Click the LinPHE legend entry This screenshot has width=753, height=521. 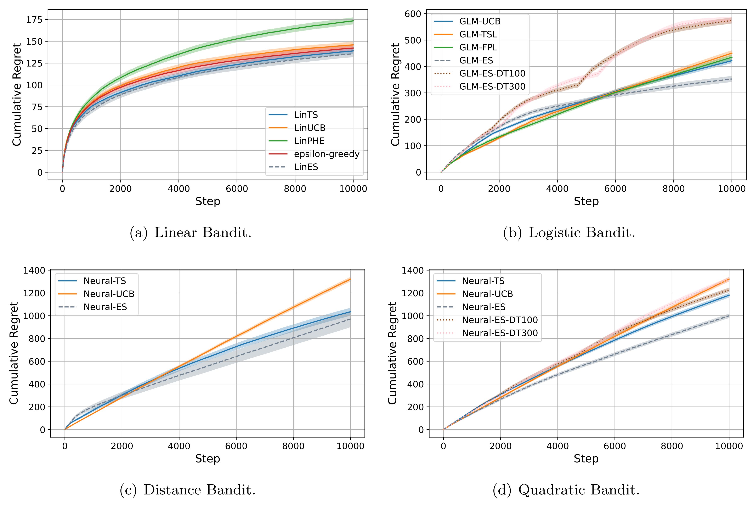(x=309, y=141)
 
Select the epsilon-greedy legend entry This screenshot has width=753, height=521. (x=327, y=154)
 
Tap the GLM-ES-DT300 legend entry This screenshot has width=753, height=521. (x=492, y=86)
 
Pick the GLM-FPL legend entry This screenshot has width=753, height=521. (x=478, y=47)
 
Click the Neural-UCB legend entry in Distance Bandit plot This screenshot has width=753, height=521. (x=109, y=294)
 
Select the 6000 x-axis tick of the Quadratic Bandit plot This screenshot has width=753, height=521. (x=615, y=446)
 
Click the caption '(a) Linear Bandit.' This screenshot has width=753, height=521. (x=191, y=233)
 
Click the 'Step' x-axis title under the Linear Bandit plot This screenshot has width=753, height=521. (x=208, y=201)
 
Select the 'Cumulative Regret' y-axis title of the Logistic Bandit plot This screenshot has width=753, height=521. (x=395, y=95)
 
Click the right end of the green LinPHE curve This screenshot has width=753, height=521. (x=353, y=21)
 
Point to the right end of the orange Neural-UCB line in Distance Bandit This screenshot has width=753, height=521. (x=350, y=279)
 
